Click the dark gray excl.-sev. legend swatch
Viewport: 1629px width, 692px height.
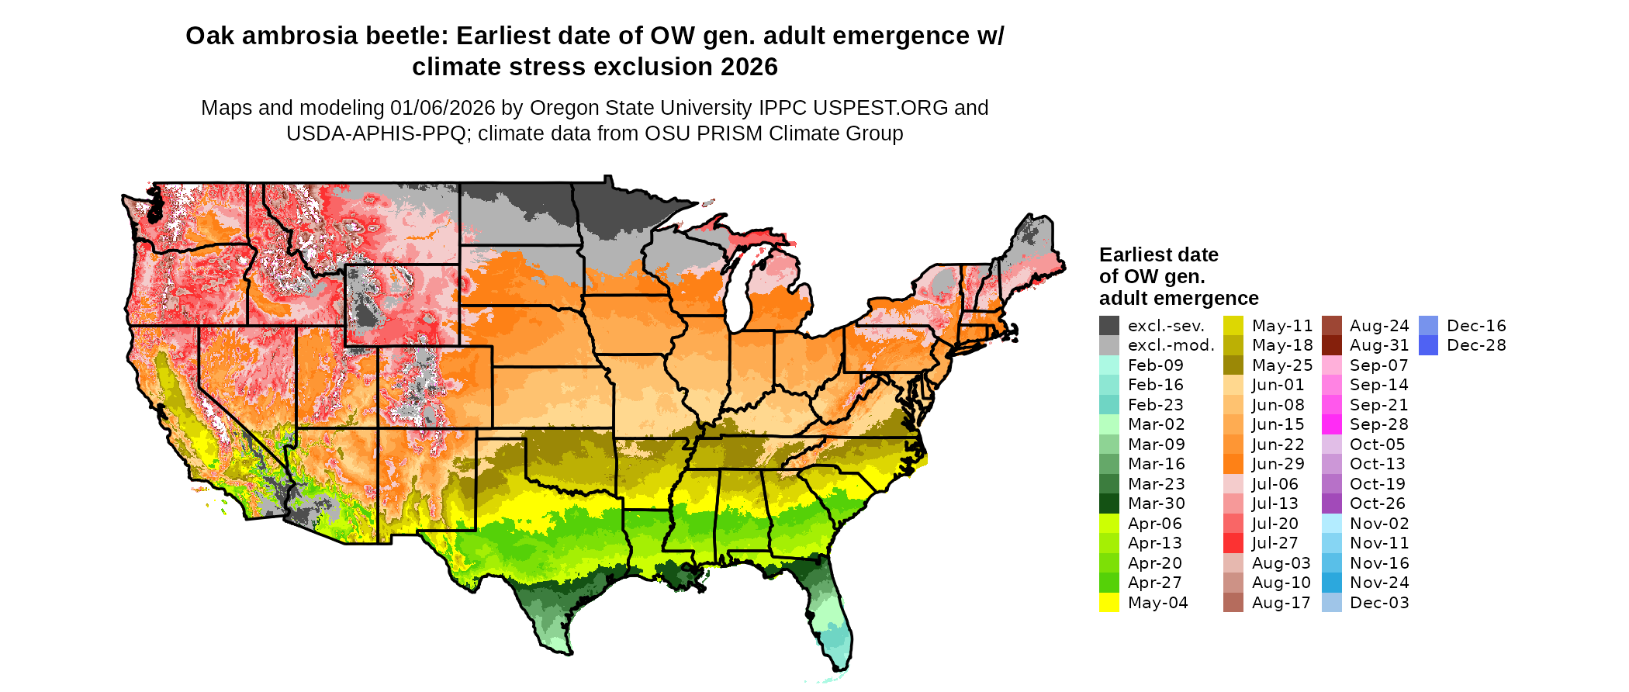click(x=1109, y=326)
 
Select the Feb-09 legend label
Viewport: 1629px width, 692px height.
click(x=1155, y=365)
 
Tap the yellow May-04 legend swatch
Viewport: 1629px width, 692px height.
click(x=1109, y=603)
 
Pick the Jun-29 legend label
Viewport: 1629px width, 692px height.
click(x=1278, y=464)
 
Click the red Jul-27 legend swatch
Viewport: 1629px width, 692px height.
click(x=1233, y=543)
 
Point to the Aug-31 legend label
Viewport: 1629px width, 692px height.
click(x=1379, y=345)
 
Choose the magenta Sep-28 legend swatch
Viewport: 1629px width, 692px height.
click(x=1331, y=424)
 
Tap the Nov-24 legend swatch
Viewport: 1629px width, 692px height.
click(x=1331, y=583)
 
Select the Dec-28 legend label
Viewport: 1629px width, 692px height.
click(x=1476, y=345)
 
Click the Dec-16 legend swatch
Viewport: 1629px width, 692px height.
click(x=1428, y=326)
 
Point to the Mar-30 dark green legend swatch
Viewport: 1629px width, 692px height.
click(x=1109, y=503)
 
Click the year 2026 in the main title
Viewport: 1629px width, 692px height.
click(x=749, y=67)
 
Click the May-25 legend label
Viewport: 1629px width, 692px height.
click(x=1281, y=365)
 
